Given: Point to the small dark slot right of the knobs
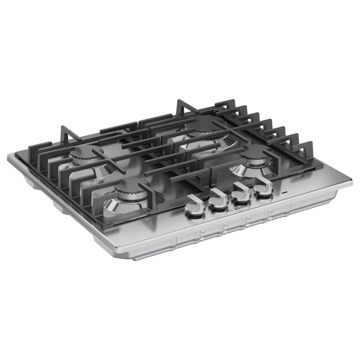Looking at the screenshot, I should (284, 193).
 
